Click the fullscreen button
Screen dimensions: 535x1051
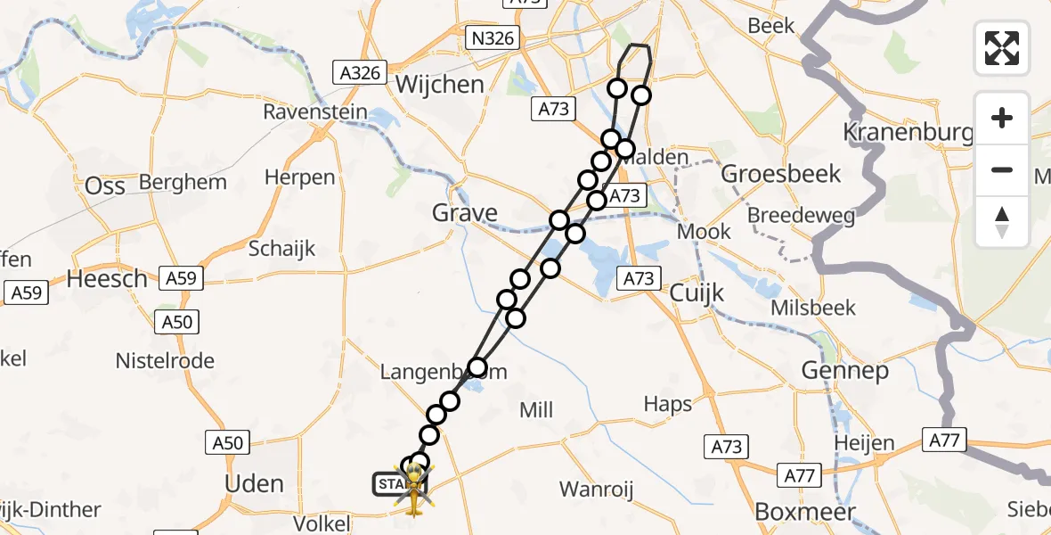tap(1002, 48)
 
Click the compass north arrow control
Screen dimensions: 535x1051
tap(1002, 221)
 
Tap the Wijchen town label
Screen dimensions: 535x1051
tap(440, 85)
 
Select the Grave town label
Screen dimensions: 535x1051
tap(464, 213)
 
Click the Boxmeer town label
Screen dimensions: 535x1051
tap(804, 512)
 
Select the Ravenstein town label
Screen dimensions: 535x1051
tap(315, 112)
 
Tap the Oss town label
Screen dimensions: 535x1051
tap(104, 186)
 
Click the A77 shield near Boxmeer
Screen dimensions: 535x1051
tap(799, 475)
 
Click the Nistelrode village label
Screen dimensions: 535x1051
tap(165, 361)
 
